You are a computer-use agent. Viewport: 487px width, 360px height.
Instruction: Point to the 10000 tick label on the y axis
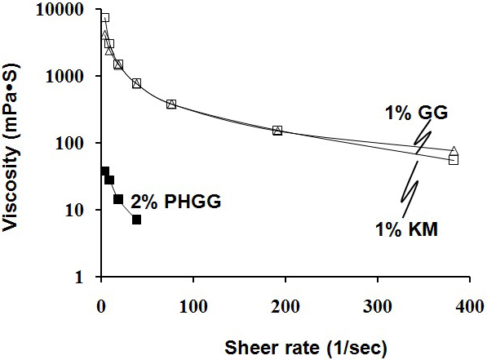pyautogui.click(x=64, y=10)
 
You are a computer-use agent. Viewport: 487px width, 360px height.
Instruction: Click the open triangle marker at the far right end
pyautogui.click(x=454, y=151)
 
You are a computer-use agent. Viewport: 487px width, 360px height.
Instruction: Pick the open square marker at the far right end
pyautogui.click(x=454, y=160)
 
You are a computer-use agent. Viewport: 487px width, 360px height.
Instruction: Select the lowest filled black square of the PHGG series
pyautogui.click(x=136, y=220)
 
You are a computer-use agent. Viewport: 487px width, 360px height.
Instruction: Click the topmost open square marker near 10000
pyautogui.click(x=104, y=18)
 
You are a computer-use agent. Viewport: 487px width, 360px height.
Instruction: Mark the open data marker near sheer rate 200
pyautogui.click(x=277, y=131)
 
